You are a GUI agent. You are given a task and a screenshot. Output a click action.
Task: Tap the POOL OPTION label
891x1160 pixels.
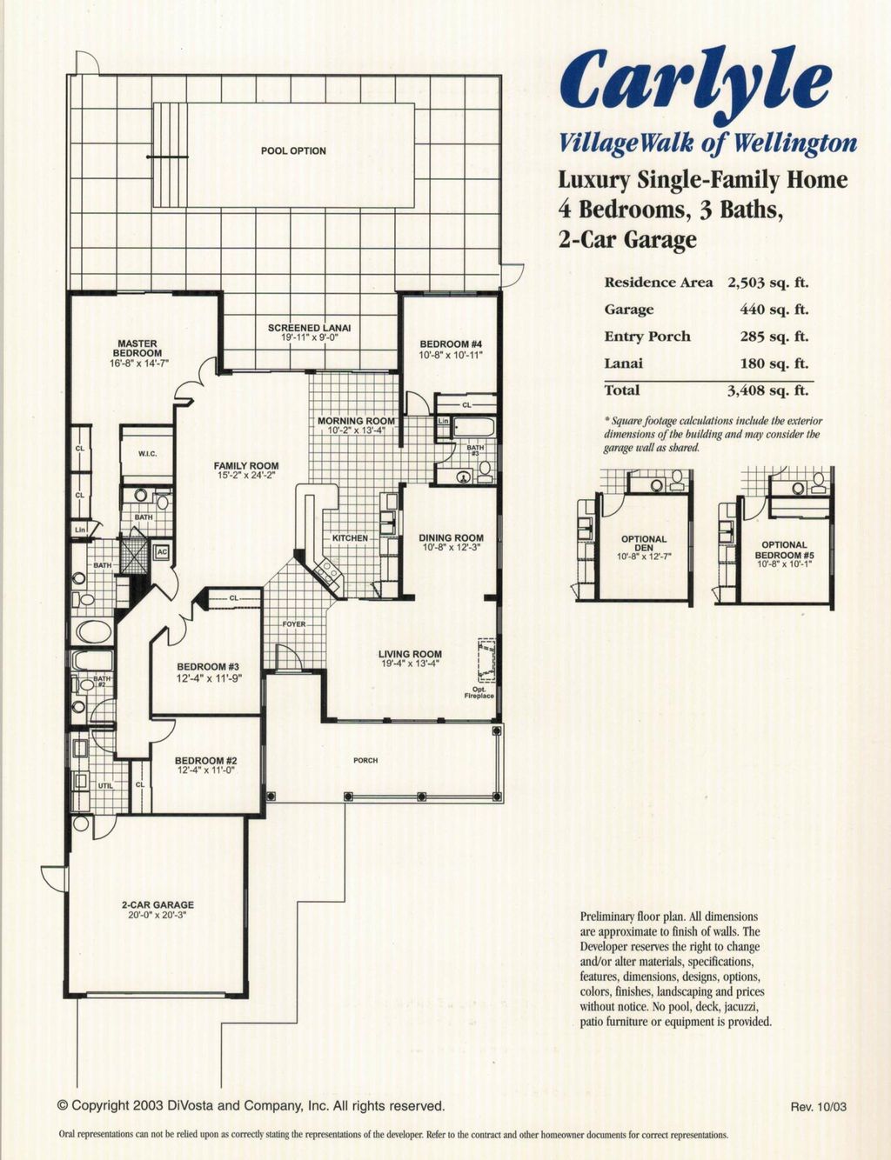tap(293, 150)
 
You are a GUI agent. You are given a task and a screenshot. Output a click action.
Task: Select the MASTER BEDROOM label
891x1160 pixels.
tap(137, 349)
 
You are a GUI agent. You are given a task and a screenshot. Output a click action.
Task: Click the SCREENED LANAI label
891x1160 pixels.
tap(309, 328)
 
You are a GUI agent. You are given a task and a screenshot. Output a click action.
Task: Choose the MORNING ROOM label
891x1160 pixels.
tap(356, 421)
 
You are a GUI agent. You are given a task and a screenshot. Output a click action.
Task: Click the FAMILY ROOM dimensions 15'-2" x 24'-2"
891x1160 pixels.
tap(246, 476)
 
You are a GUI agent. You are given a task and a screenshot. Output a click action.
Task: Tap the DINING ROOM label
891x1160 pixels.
tap(451, 538)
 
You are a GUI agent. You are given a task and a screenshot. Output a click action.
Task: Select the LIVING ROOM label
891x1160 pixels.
tap(410, 654)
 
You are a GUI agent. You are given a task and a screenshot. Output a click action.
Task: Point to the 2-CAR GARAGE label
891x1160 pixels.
tap(157, 905)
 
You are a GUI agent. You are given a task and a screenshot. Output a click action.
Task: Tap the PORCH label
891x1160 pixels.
tap(365, 761)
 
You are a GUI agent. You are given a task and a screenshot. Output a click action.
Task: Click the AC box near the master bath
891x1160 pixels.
tap(161, 552)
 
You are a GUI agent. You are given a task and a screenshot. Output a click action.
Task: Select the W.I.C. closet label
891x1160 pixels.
tap(147, 454)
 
